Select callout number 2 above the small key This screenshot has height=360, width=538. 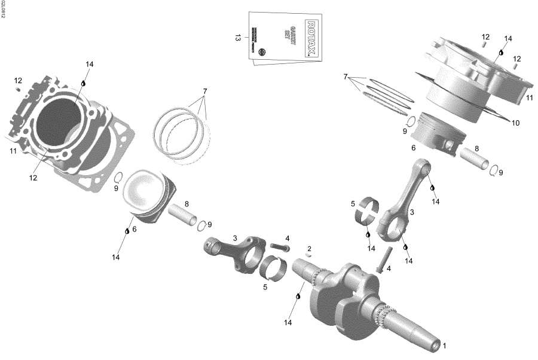(309, 249)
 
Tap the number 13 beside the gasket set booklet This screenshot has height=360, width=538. (238, 38)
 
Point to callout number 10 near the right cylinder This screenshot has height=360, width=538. (515, 123)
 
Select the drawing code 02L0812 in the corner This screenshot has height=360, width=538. (3, 9)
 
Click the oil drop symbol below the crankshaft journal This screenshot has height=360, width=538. (298, 296)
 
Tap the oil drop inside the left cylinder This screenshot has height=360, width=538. (84, 84)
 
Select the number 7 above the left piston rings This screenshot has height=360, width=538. (204, 91)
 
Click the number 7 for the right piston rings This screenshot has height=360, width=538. (346, 77)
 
